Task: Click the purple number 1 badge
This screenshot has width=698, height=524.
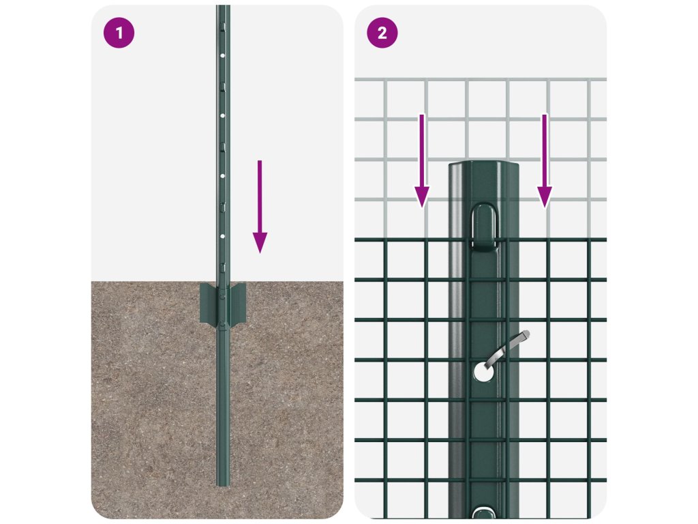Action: click(119, 33)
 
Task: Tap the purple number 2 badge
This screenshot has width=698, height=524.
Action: click(382, 33)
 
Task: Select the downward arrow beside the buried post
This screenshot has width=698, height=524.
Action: click(260, 207)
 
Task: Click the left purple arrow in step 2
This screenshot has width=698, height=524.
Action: click(422, 161)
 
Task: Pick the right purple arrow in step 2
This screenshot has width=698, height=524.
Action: click(545, 161)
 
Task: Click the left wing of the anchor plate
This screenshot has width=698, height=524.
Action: click(209, 302)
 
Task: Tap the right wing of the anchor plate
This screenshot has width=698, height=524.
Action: click(237, 302)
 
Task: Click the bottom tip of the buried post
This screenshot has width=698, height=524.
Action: click(223, 485)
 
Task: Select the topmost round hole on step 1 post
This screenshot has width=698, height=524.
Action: click(223, 56)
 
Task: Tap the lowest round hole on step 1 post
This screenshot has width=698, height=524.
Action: click(223, 236)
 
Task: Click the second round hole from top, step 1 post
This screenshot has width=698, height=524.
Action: click(223, 116)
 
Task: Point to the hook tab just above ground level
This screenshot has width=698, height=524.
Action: click(223, 267)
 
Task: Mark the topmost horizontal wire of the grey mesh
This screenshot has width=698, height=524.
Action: click(481, 80)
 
